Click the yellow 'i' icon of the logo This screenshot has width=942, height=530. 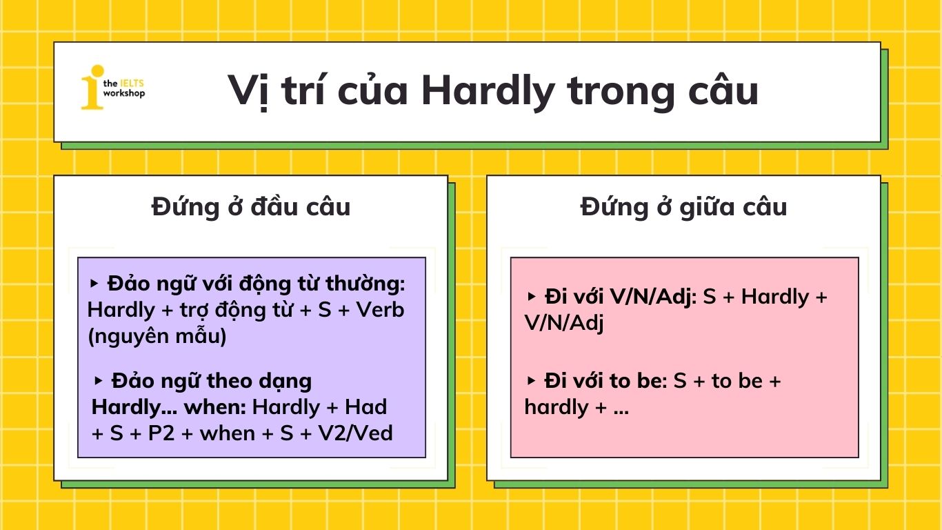click(x=92, y=87)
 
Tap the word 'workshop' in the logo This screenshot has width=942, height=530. click(x=123, y=93)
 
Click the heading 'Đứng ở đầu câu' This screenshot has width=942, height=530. click(x=251, y=207)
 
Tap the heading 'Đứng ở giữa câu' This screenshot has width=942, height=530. click(x=683, y=207)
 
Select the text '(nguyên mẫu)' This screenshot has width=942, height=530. click(x=157, y=337)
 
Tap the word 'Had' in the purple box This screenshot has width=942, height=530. click(x=365, y=407)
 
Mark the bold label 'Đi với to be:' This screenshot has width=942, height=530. click(x=605, y=381)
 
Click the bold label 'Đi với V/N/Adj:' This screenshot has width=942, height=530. click(x=621, y=297)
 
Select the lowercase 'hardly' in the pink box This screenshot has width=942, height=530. click(x=556, y=407)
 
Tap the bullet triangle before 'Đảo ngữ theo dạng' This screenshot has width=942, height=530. click(x=98, y=381)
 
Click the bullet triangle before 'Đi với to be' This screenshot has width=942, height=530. click(x=532, y=381)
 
